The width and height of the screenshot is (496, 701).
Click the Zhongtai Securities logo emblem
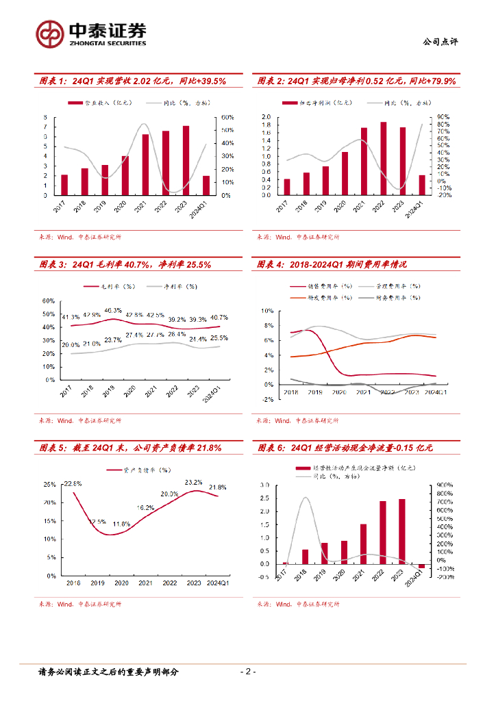(50, 34)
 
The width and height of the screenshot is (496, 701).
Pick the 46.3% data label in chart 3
(114, 310)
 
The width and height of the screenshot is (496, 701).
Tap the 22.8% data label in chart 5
(73, 484)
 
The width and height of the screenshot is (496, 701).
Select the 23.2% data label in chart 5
(194, 482)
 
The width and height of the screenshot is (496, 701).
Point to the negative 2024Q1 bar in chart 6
(421, 566)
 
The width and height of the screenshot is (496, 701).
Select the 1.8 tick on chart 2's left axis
(266, 125)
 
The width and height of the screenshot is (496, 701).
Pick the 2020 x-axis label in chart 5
(121, 583)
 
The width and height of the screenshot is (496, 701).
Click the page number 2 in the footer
(248, 672)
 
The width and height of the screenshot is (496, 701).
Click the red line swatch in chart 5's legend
(114, 470)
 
